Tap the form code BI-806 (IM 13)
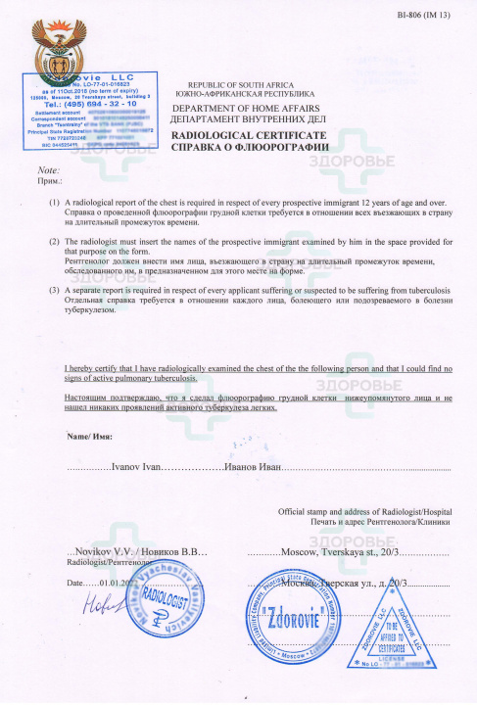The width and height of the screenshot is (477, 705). click(425, 15)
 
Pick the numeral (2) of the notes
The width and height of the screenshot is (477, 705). click(54, 240)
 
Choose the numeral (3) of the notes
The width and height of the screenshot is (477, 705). click(54, 291)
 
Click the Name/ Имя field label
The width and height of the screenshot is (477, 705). click(85, 435)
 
